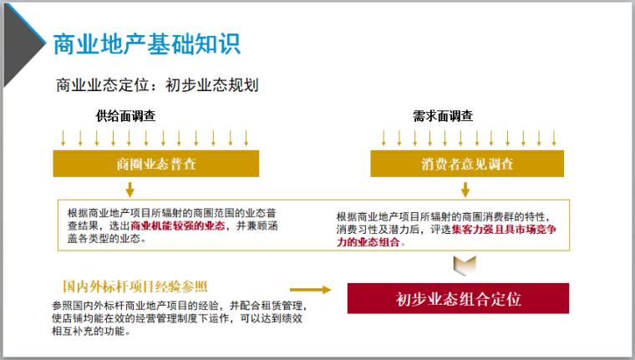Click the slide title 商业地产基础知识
pyautogui.click(x=146, y=44)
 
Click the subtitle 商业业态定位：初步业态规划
pyautogui.click(x=157, y=85)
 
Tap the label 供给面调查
pyautogui.click(x=125, y=115)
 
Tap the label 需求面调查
pyautogui.click(x=443, y=115)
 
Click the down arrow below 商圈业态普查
pyautogui.click(x=130, y=188)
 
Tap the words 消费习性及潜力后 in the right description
pyautogui.click(x=384, y=228)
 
